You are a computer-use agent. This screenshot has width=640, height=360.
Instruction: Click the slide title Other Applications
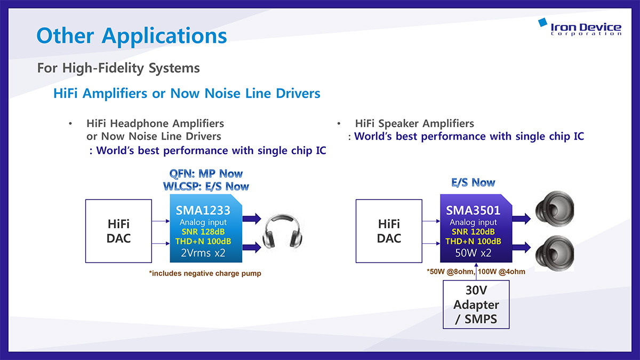[x=132, y=36]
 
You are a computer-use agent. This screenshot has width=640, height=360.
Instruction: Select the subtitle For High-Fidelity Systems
[x=118, y=68]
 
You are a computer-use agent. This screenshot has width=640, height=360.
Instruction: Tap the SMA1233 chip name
[x=203, y=210]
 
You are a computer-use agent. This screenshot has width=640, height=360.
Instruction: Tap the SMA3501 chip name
[x=473, y=210]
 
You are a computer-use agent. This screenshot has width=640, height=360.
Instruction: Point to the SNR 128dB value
[x=203, y=231]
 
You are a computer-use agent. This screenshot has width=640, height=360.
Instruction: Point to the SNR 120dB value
[x=473, y=231]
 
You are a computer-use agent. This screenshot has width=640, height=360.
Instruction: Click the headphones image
[x=282, y=231]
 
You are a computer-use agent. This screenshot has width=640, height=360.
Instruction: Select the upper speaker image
[x=555, y=209]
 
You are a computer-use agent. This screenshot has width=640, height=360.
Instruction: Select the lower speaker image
[x=555, y=253]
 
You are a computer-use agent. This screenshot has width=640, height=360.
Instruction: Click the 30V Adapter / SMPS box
[x=476, y=305]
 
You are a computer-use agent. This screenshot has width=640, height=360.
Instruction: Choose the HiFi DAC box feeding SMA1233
[x=118, y=231]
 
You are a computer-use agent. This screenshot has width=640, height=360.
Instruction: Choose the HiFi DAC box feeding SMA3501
[x=389, y=231]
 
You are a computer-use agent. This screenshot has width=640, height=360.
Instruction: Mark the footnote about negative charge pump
[x=205, y=274]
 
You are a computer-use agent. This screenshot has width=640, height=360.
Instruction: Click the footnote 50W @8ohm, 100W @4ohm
[x=476, y=271]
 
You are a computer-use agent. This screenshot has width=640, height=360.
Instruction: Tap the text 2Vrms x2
[x=203, y=253]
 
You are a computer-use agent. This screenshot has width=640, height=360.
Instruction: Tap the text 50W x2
[x=473, y=253]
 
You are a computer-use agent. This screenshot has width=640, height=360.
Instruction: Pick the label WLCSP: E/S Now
[x=206, y=187]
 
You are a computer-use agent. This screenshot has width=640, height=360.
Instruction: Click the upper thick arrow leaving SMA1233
[x=252, y=219]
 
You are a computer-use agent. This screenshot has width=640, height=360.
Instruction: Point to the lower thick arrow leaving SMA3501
[x=522, y=247]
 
